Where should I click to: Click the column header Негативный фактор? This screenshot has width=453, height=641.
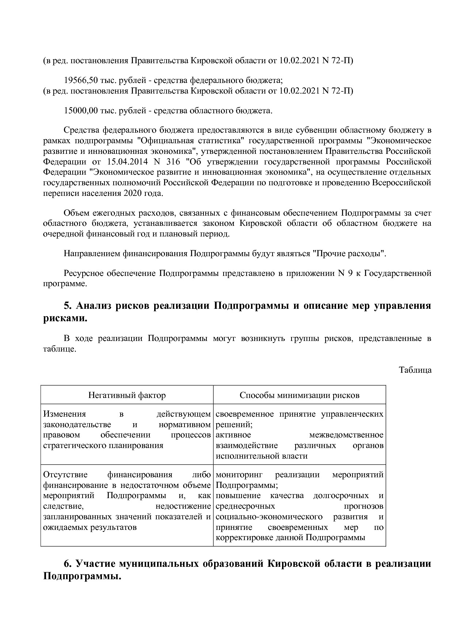click(x=127, y=395)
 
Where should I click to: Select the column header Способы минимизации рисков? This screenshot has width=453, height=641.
click(x=300, y=395)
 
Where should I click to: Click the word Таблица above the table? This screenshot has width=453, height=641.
click(x=415, y=369)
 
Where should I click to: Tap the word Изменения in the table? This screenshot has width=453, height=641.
click(x=64, y=414)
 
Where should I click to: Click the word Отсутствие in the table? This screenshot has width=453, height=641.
click(x=65, y=475)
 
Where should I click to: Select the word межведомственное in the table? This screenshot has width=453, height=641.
click(x=346, y=435)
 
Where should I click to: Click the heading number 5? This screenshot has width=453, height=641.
click(x=67, y=306)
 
